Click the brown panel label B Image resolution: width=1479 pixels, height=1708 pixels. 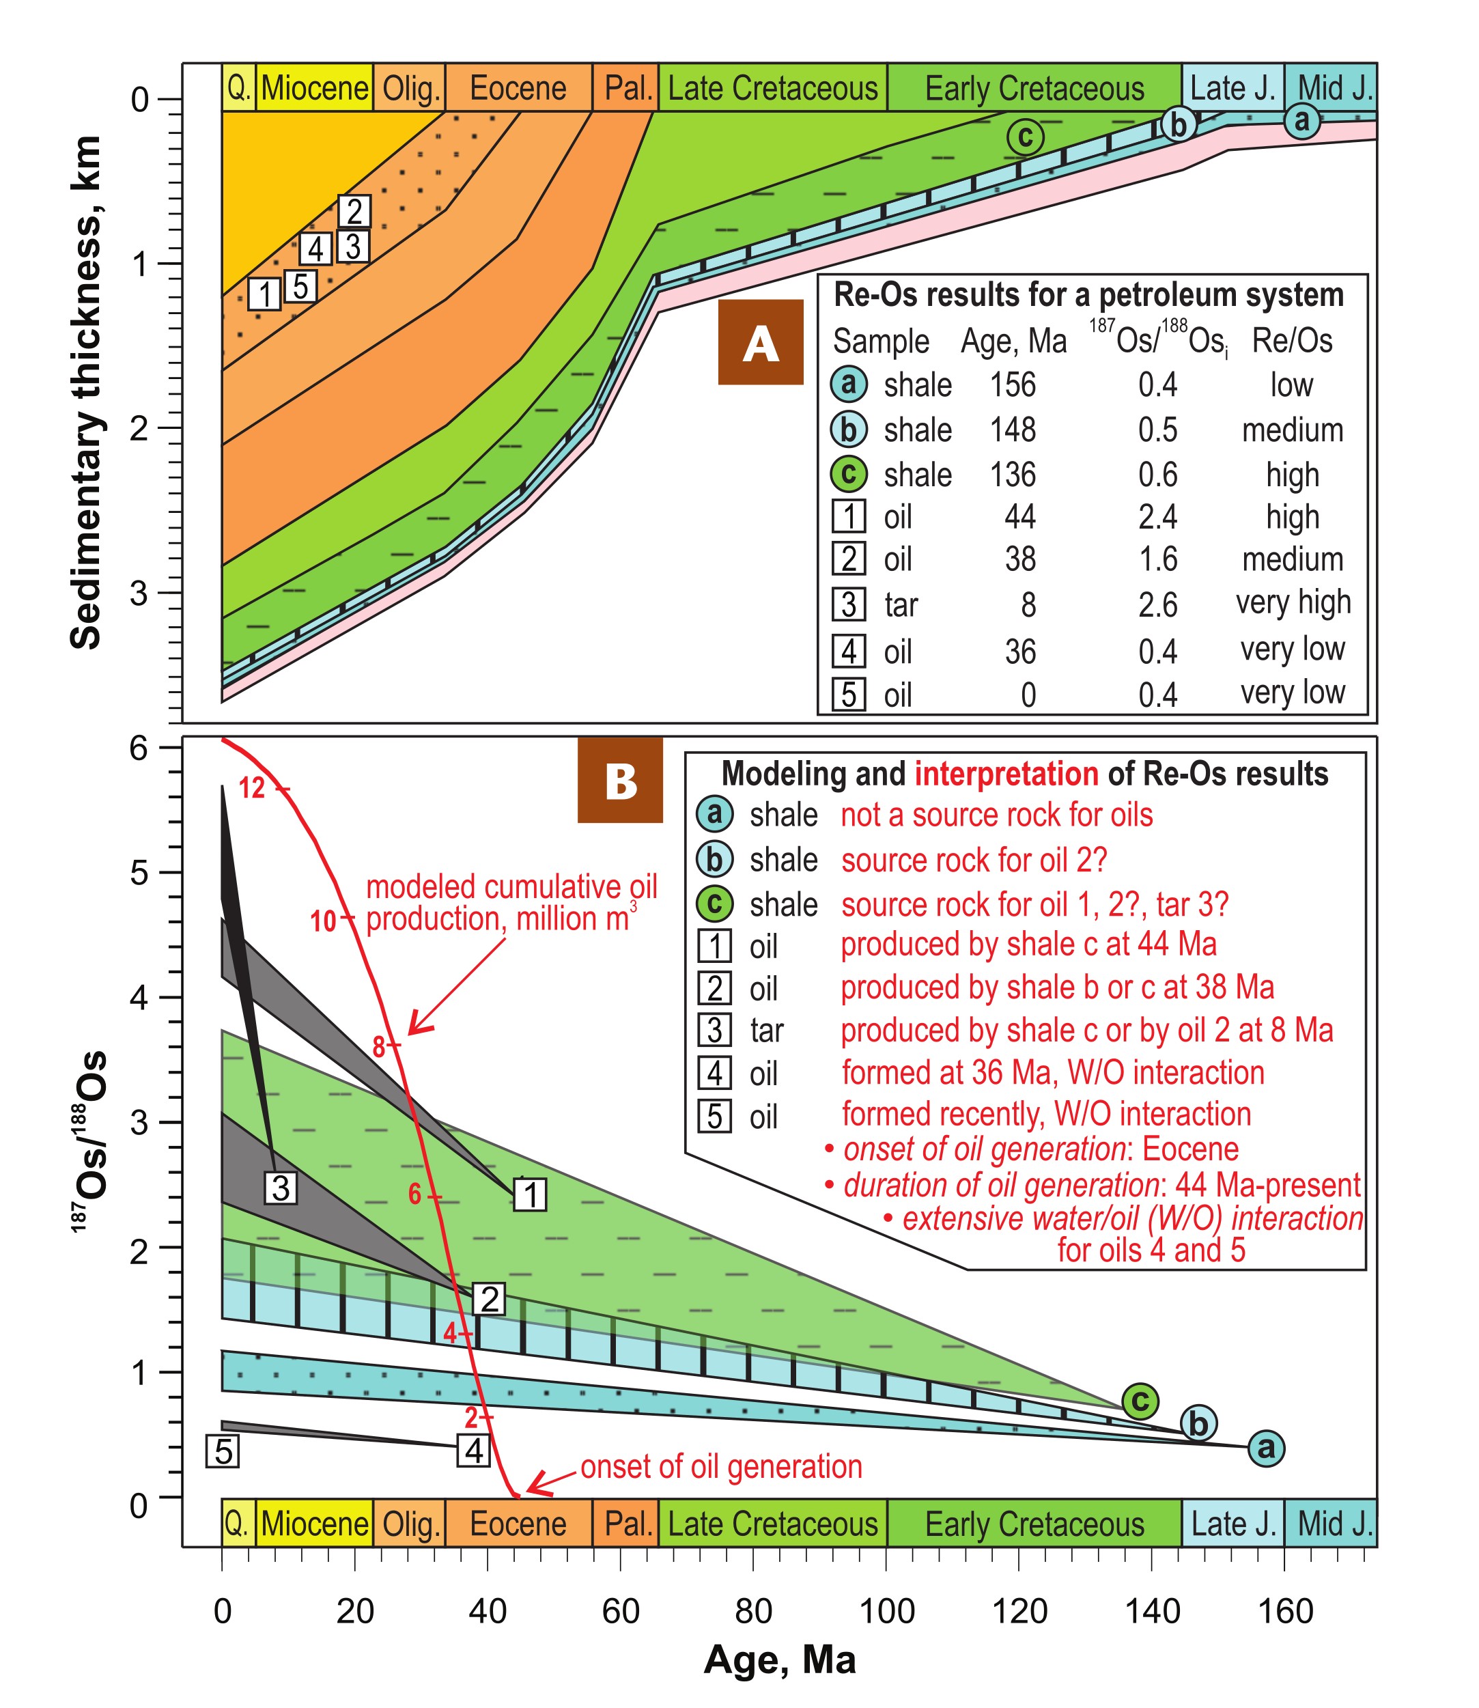coord(620,780)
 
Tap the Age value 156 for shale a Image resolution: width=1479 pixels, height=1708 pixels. coord(1013,384)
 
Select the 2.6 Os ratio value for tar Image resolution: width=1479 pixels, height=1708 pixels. coord(1157,604)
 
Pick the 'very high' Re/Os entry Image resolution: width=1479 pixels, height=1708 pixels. coord(1293,602)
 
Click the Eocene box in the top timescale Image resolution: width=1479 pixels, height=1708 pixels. coord(518,88)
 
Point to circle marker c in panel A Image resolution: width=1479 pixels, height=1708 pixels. coord(1025,136)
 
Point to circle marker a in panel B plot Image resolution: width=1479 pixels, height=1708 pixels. coord(1266,1447)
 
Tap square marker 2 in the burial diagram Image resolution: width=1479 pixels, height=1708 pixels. coord(354,211)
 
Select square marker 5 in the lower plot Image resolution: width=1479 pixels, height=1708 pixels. coord(223,1451)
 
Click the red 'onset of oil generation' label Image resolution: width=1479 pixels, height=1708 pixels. coord(721,1467)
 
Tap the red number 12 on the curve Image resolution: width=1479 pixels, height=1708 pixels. coord(252,788)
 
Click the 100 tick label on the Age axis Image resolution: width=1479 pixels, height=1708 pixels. coord(886,1612)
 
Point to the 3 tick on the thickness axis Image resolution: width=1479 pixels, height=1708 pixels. coord(140,593)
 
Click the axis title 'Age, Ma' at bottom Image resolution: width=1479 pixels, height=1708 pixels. coord(780,1660)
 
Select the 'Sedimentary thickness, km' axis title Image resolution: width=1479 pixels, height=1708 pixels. coord(86,392)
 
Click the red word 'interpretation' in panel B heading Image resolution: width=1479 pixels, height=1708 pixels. coord(1006,774)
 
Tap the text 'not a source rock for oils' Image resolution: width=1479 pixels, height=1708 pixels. coord(996,815)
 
